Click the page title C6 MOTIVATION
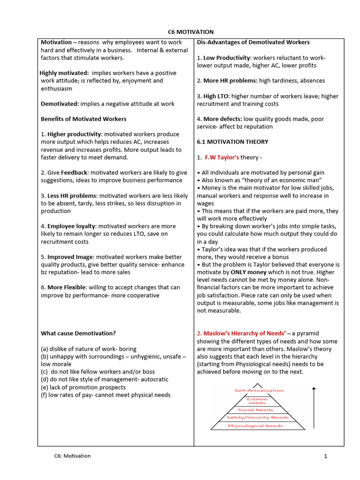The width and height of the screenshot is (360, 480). (190, 32)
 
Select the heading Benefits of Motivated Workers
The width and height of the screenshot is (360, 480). (83, 119)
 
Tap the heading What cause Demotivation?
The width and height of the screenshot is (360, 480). (78, 333)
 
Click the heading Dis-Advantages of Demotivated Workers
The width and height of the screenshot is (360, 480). (253, 42)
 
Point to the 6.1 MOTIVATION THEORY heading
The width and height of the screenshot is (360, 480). (232, 142)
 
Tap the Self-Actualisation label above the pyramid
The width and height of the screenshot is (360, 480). (259, 390)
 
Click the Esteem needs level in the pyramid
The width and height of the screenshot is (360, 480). (257, 401)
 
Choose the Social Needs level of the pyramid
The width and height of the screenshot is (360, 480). (255, 410)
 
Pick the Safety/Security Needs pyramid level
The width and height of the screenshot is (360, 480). (257, 417)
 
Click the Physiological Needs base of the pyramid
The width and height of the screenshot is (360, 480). (255, 426)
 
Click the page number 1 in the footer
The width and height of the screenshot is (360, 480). (325, 457)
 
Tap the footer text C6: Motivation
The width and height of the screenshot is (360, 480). (72, 456)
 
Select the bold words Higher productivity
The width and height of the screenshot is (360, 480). (75, 134)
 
